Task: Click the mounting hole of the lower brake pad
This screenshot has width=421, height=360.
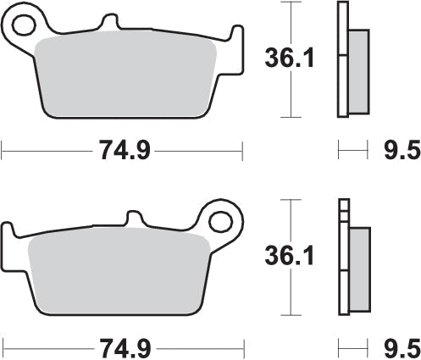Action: click(223, 224)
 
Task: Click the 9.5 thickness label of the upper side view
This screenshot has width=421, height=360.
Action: click(402, 152)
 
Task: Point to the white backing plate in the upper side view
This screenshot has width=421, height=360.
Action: click(342, 59)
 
